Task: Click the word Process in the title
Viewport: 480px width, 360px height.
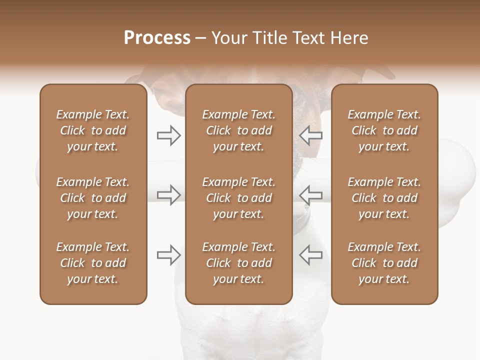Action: (157, 38)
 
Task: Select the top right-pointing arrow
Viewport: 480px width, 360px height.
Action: (168, 135)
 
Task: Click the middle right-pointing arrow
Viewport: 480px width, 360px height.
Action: (168, 195)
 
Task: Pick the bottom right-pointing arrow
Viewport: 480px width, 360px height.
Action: (168, 255)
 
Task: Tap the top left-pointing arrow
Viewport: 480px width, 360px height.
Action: (310, 135)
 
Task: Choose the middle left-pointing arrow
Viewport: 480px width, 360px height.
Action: (310, 195)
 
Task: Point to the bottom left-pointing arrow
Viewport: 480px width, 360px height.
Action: (310, 255)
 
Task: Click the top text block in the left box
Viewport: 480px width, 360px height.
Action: (93, 130)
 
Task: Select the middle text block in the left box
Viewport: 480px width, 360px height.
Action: (93, 198)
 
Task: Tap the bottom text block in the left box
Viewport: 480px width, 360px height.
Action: (93, 263)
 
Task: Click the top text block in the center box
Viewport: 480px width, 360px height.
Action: (238, 130)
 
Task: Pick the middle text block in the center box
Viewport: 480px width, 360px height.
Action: (238, 198)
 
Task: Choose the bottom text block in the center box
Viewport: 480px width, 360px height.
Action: (238, 263)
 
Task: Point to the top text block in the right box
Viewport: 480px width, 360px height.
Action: (384, 130)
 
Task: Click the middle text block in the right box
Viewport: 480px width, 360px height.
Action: (384, 198)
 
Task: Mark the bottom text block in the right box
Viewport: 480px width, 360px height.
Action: (384, 263)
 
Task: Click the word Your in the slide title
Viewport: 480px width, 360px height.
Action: (228, 38)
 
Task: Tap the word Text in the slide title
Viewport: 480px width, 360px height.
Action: (306, 38)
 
